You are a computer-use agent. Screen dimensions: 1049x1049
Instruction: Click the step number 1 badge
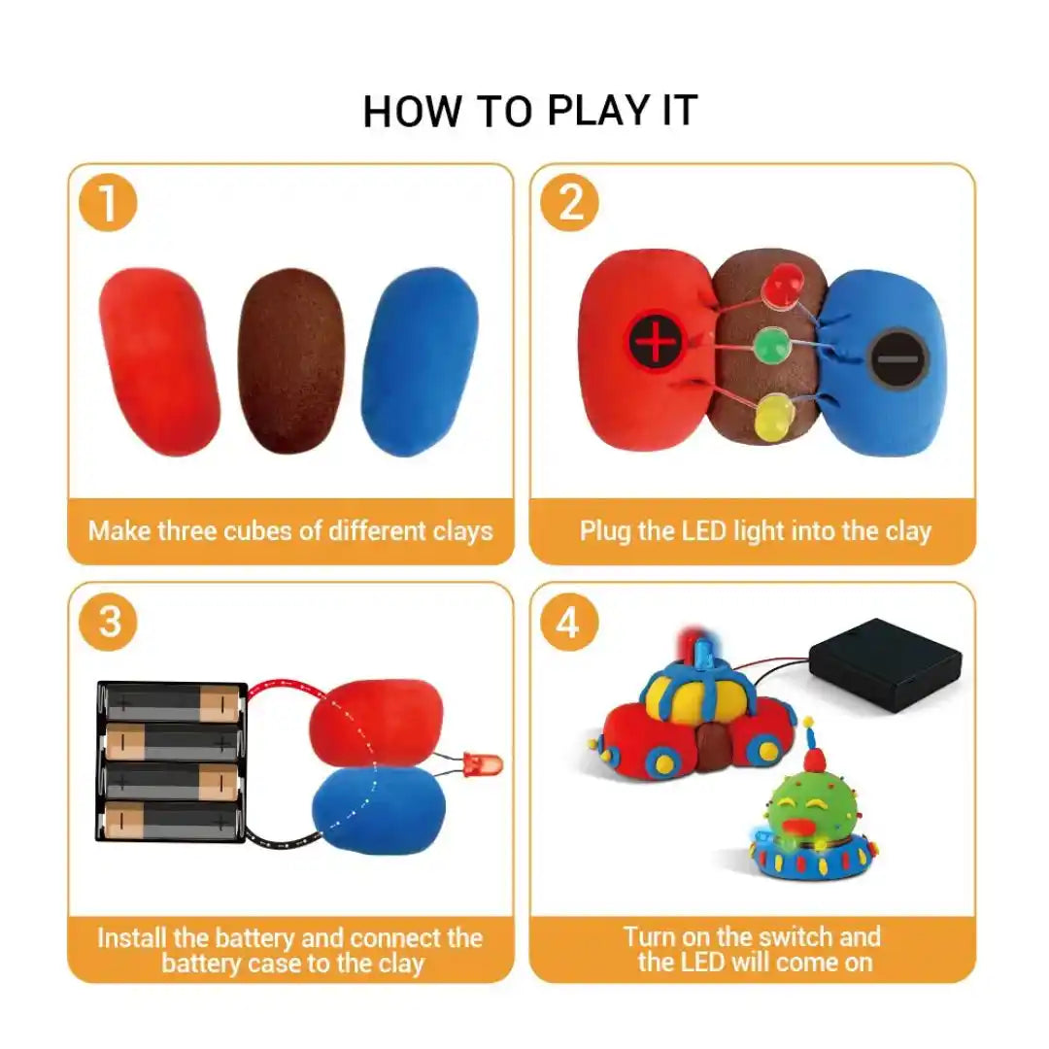(x=109, y=204)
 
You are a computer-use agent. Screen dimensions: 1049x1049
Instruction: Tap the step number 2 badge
(x=570, y=204)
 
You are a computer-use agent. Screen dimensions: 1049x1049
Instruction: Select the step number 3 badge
(x=109, y=622)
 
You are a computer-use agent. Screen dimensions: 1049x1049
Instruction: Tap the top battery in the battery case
(x=172, y=702)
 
